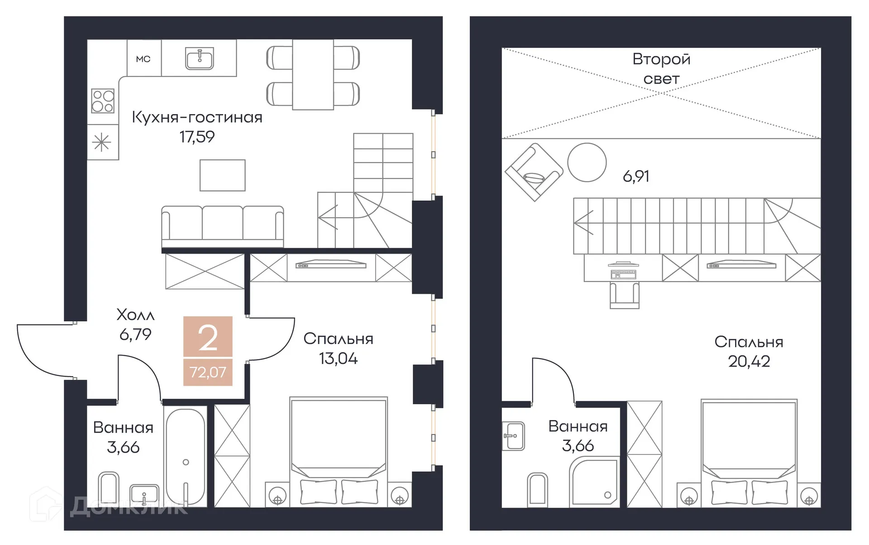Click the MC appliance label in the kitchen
(x=143, y=59)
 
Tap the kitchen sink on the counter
(x=199, y=58)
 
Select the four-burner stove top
(x=103, y=100)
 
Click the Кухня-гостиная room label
(x=197, y=117)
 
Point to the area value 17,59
(x=197, y=137)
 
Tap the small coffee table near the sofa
(x=222, y=175)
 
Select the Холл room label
(x=135, y=315)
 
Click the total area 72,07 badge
(x=208, y=372)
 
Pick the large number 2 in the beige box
(x=208, y=338)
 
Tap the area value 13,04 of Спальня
(x=338, y=359)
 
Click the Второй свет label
(x=661, y=69)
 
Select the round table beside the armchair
(x=587, y=163)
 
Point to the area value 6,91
(x=635, y=176)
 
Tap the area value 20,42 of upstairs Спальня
(x=749, y=361)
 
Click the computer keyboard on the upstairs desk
(x=623, y=274)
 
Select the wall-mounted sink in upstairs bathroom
(x=513, y=436)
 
